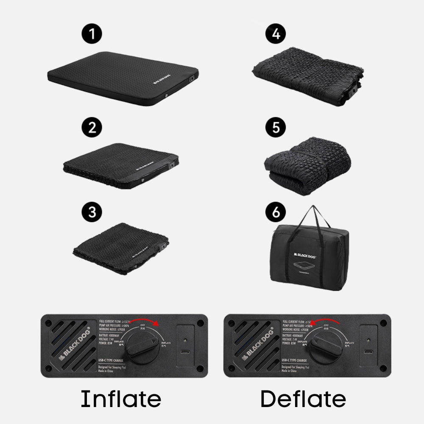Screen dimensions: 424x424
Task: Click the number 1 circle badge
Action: [92, 33]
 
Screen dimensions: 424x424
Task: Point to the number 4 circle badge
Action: [276, 33]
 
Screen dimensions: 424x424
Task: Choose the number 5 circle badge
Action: [276, 127]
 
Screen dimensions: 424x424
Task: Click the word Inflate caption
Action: [121, 399]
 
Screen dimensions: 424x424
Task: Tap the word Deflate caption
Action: [303, 399]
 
